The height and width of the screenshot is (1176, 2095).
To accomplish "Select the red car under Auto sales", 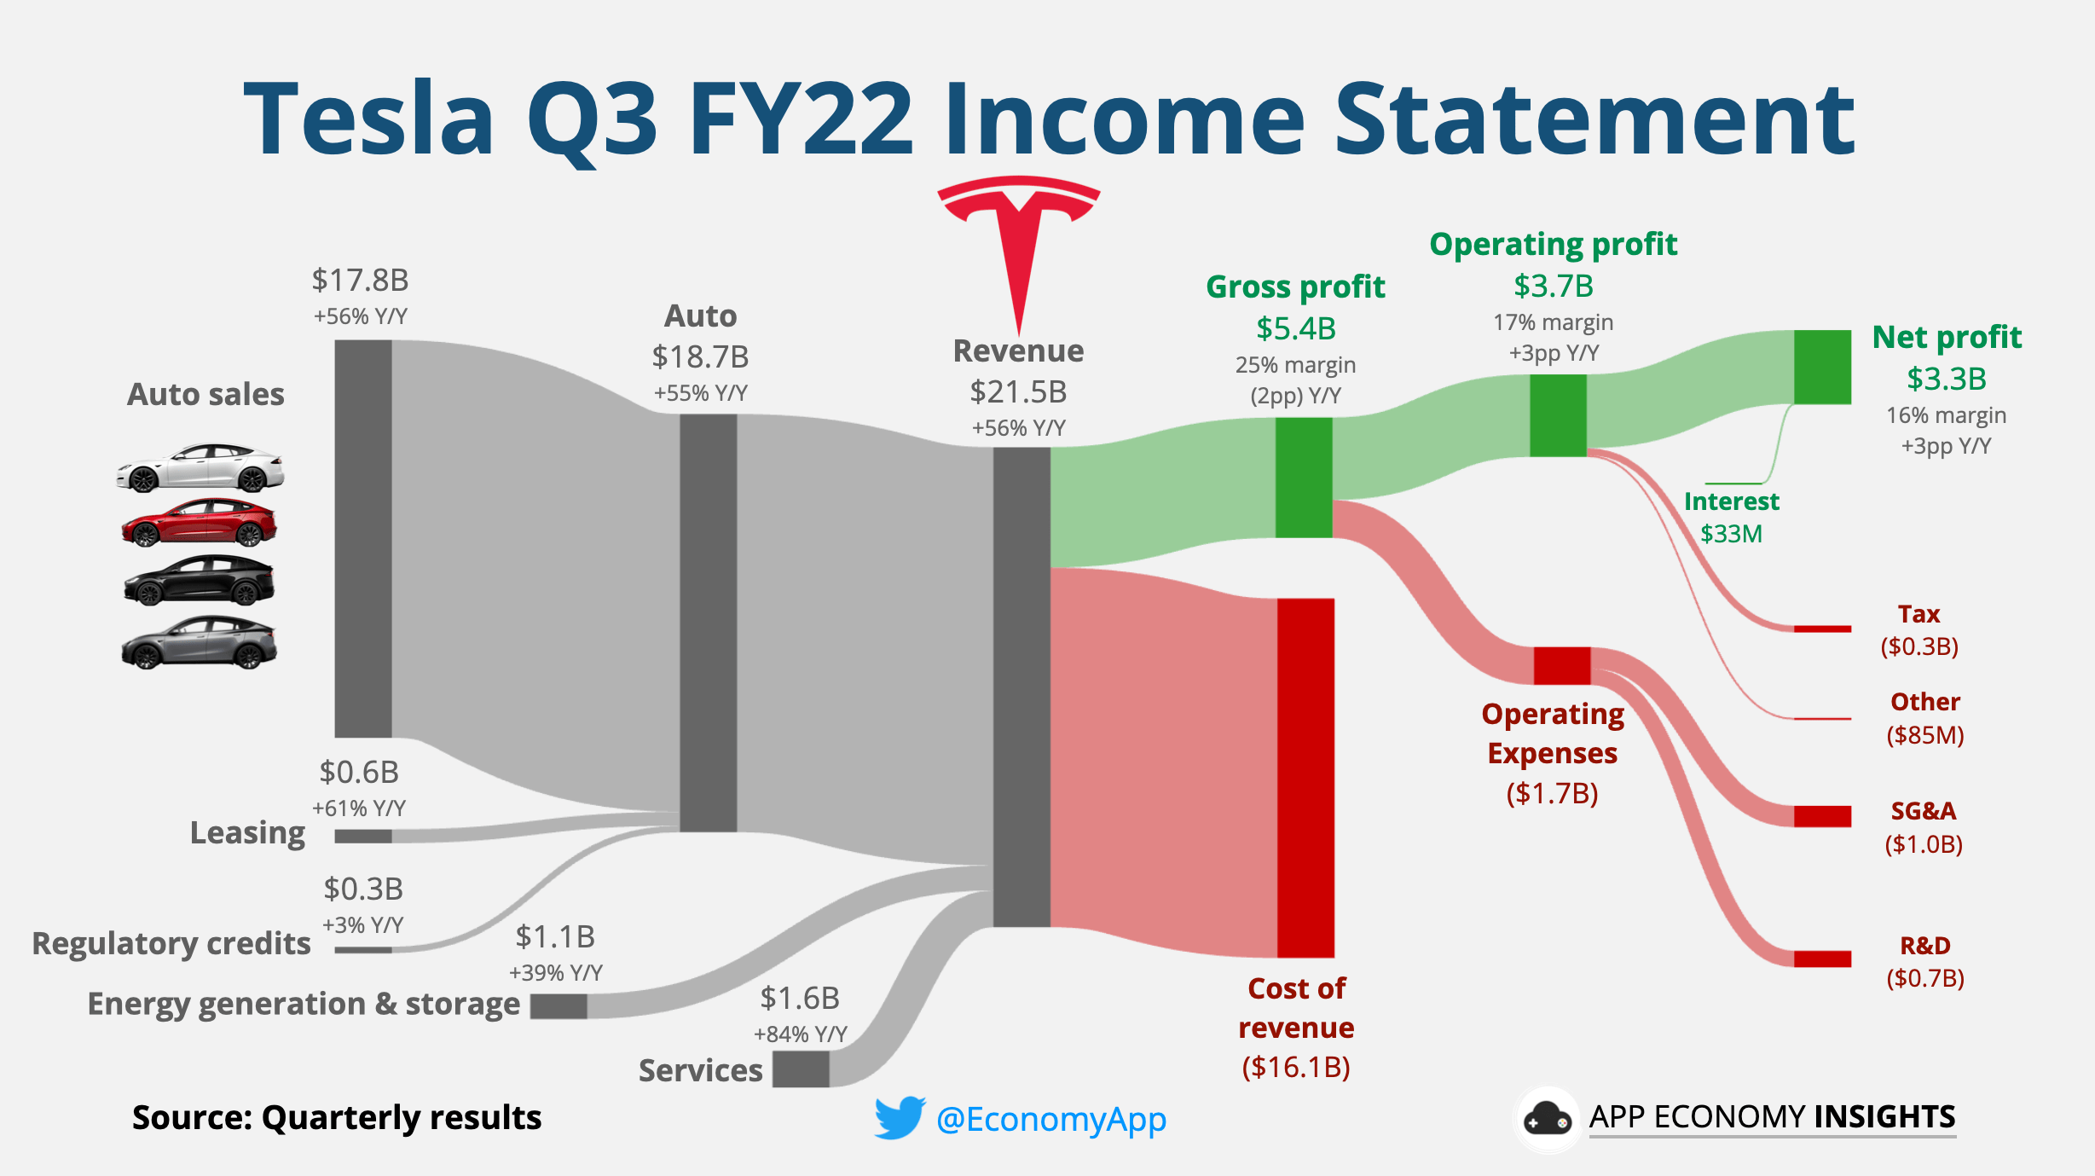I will (199, 522).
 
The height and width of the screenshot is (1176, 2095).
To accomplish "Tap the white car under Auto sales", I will (200, 467).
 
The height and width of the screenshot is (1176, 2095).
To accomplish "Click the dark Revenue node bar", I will (1021, 686).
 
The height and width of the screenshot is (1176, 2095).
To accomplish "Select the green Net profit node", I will (1822, 367).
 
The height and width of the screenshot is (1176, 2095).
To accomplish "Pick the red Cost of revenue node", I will (1305, 777).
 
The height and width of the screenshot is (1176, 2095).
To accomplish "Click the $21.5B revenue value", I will (1018, 392).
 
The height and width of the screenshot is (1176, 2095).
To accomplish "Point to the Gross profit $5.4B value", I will (1295, 328).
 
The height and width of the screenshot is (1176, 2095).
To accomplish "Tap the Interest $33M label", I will (1731, 517).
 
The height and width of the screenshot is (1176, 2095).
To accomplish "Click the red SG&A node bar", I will (1822, 816).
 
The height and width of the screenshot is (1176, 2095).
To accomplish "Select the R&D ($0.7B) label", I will (1924, 961).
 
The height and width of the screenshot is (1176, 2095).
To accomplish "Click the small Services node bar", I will (801, 1069).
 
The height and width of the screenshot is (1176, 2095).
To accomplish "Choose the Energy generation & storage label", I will (304, 1004).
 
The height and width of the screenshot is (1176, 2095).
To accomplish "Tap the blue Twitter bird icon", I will (900, 1117).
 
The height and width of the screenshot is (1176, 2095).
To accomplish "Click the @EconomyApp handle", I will (1050, 1119).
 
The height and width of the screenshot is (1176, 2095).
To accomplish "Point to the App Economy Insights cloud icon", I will (1547, 1118).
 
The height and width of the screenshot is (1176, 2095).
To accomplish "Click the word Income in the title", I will (1123, 119).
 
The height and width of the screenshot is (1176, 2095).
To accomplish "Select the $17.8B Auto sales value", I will (360, 280).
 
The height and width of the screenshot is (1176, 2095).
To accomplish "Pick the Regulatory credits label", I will (171, 943).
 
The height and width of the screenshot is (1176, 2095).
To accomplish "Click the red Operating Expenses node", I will (1561, 665).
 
